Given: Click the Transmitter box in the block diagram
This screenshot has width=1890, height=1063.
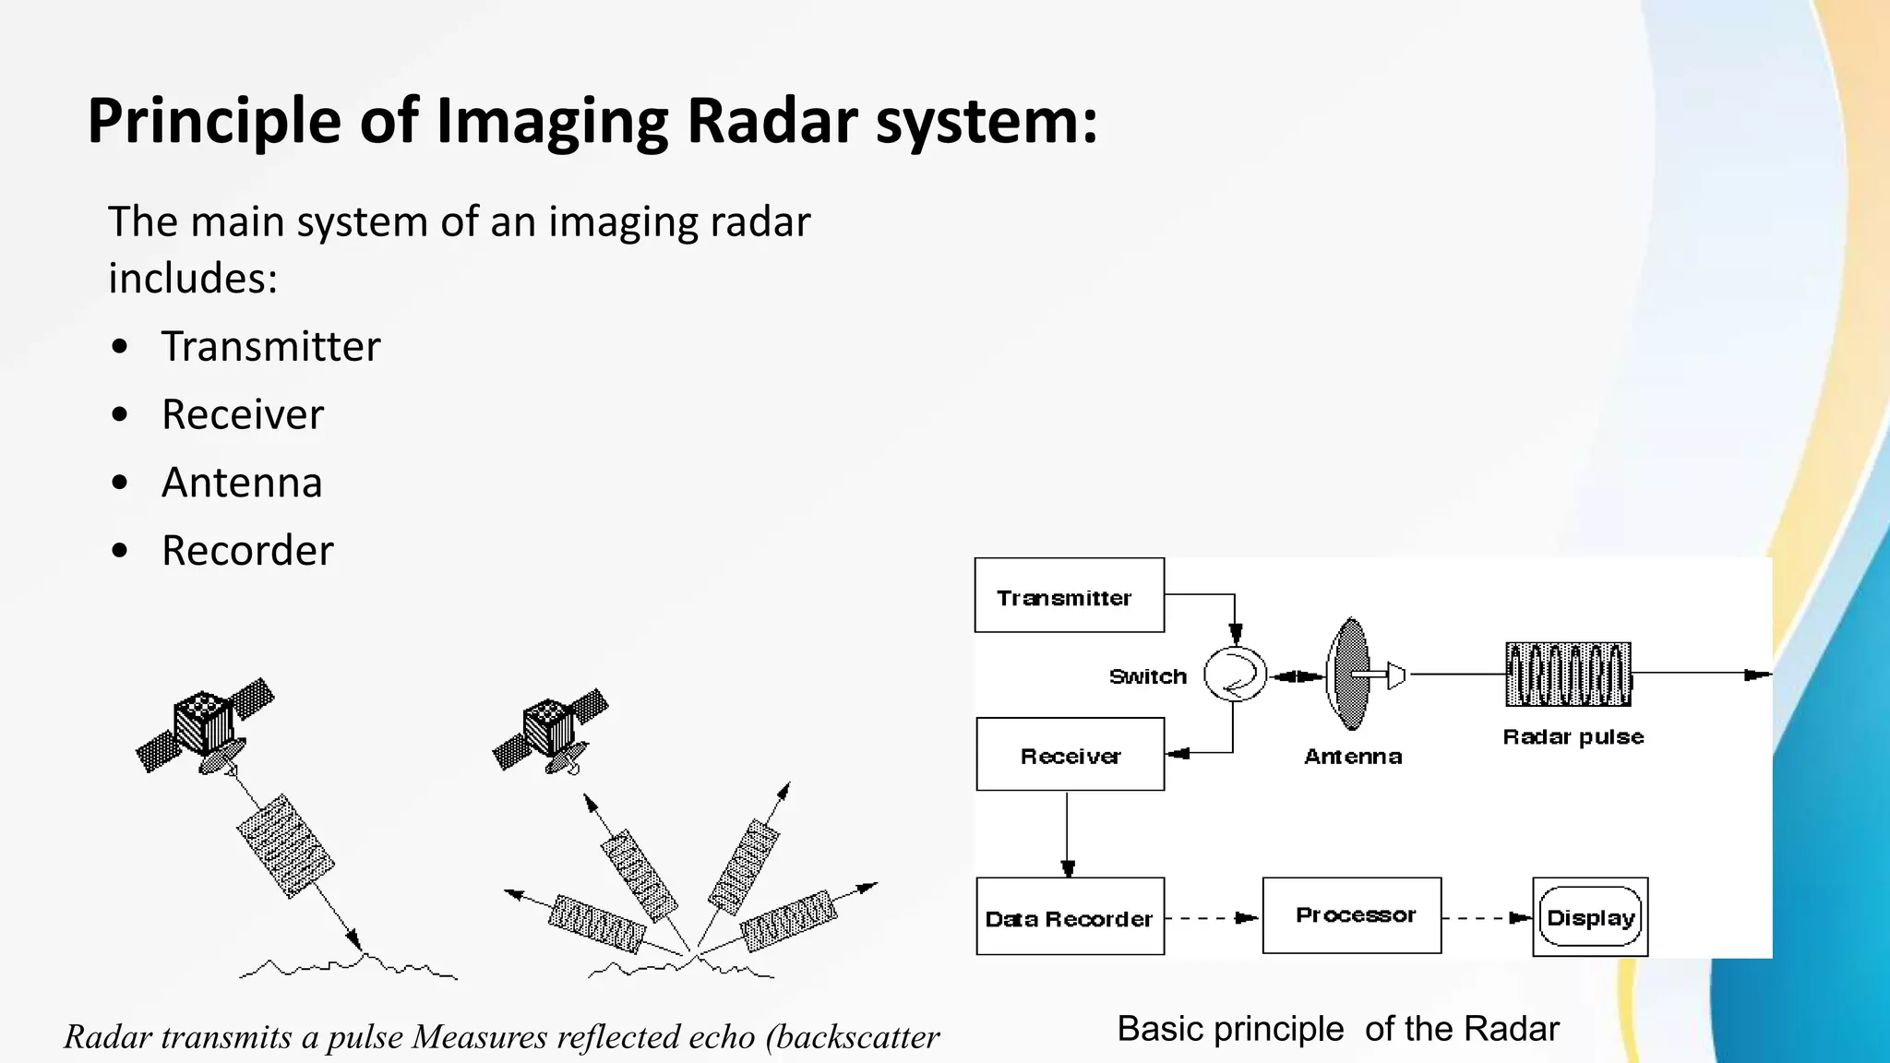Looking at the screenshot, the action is (1069, 596).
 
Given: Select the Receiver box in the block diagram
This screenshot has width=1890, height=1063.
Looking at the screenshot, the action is (1070, 755).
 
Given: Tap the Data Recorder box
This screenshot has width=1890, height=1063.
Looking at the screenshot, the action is (1070, 916).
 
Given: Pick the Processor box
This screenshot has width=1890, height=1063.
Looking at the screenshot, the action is (1352, 914).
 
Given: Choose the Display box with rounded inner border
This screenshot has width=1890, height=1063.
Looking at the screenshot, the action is (1590, 917).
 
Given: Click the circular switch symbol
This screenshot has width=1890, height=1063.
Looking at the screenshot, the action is (1235, 675).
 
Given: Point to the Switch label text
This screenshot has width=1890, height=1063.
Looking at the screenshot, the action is (1147, 676).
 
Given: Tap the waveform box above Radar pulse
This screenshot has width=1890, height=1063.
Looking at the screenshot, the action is (1568, 675).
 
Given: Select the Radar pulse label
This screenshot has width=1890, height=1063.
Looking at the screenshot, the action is (1573, 736).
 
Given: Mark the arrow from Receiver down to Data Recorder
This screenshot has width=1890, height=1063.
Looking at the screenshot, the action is (1068, 834).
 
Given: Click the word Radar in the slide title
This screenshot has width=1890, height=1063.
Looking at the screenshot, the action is (772, 121).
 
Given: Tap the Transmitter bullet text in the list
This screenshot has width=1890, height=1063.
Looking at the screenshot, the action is (270, 347).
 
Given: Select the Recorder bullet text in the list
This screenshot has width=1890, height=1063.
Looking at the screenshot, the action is (247, 551).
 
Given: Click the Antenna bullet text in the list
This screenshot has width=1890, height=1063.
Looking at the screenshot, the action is (242, 483).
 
